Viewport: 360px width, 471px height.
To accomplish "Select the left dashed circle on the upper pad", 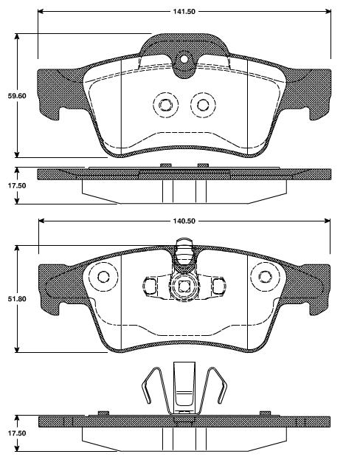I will [164, 104].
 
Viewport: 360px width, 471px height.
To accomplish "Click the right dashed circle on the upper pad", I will [201, 104].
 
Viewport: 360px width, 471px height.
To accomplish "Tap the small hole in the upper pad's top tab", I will [184, 59].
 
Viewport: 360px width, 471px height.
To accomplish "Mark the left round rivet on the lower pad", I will [103, 278].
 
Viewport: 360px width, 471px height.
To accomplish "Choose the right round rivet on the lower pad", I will [264, 278].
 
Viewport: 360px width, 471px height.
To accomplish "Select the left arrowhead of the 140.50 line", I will [40, 221].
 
